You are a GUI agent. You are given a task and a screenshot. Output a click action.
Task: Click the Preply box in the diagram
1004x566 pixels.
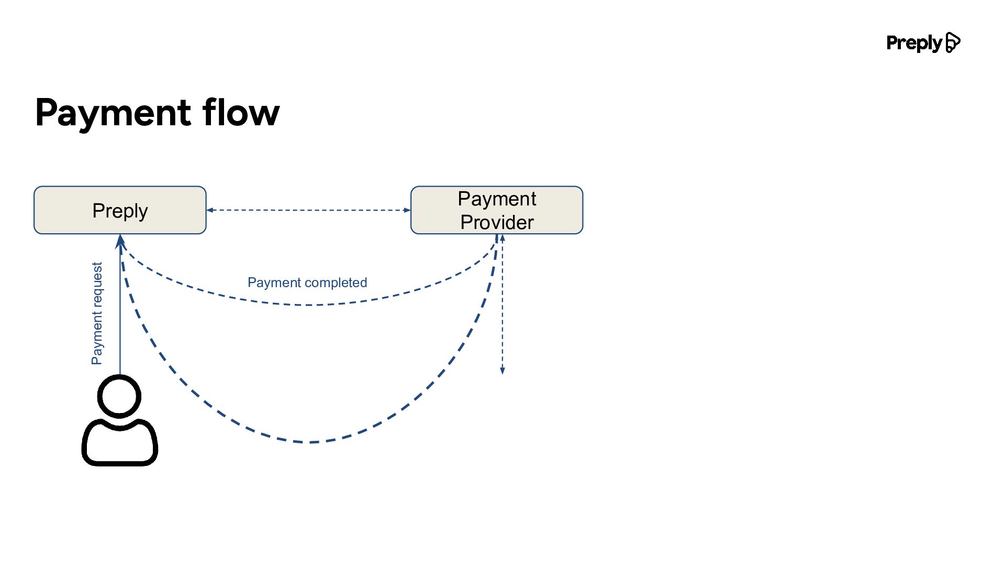coord(120,210)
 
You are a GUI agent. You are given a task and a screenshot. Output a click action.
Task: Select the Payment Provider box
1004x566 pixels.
coord(497,210)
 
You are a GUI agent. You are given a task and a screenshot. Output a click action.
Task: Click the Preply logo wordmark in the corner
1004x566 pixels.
coord(914,43)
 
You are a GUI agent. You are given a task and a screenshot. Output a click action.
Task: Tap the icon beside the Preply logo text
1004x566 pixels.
coord(953,42)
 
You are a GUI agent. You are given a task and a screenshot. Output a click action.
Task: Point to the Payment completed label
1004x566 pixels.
coord(307,283)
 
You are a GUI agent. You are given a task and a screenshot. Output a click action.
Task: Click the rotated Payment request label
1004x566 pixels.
coord(97,313)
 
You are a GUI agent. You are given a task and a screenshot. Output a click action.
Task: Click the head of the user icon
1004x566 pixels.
coord(119,396)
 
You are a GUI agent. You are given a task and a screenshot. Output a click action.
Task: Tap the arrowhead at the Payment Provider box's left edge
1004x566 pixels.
coord(407,210)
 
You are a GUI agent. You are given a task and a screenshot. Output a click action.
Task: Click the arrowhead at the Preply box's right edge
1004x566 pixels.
coord(210,210)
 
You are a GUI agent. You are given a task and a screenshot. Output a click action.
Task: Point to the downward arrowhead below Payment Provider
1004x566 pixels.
coord(503,371)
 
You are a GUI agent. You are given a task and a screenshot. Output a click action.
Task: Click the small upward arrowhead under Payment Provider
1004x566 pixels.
coord(503,238)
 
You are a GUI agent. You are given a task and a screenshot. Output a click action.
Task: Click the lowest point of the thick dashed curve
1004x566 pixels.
coord(310,442)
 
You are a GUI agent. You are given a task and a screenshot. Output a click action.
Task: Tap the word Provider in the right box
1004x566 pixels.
coord(497,222)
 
